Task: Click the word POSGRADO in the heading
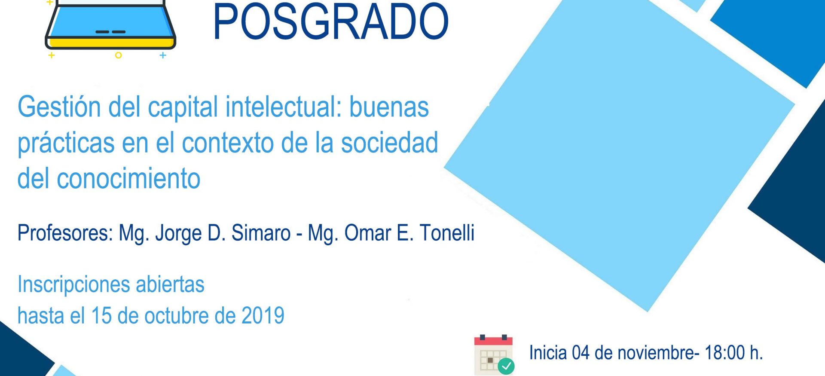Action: [330, 21]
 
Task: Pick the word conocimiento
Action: [128, 178]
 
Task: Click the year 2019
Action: [263, 315]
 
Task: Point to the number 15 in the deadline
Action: [101, 315]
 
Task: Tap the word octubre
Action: [177, 315]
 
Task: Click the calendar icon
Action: [493, 354]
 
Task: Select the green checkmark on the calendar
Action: [506, 366]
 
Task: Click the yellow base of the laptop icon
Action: [110, 43]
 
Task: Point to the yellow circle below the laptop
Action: [118, 55]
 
